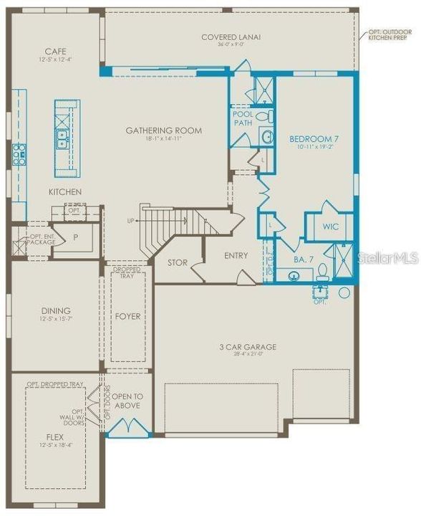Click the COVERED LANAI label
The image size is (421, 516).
click(231, 37)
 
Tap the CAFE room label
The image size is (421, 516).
click(55, 51)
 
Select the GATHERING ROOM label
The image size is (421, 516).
click(163, 130)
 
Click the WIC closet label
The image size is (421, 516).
click(330, 226)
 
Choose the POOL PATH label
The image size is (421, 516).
click(243, 118)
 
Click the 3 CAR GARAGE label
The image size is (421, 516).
click(247, 347)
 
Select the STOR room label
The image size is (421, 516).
click(178, 263)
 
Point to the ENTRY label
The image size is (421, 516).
click(236, 256)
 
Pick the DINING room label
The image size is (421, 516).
click(55, 311)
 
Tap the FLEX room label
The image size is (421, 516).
click(54, 436)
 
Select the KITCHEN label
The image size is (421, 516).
click(64, 192)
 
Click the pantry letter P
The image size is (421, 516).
click(74, 236)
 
